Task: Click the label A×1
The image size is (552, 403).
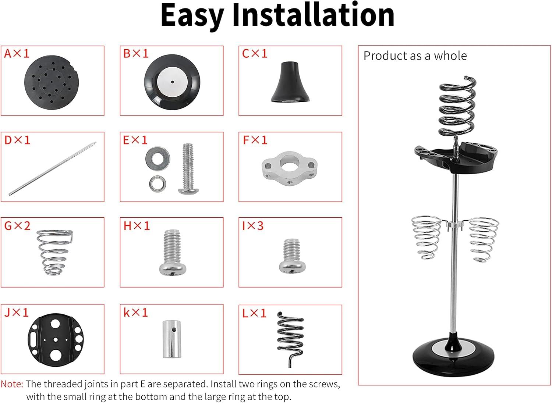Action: point(17,53)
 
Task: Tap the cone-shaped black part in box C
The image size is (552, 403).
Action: point(290,82)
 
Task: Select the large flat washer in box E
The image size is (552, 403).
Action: point(158,156)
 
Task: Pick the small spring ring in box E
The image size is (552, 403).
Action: point(158,183)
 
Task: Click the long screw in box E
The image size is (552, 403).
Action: point(188,169)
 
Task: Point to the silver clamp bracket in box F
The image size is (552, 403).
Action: point(289,168)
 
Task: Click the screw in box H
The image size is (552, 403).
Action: point(172,252)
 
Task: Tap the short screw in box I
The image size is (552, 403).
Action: point(292,256)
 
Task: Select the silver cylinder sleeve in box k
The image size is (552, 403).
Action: point(172,339)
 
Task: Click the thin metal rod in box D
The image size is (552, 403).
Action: point(53,169)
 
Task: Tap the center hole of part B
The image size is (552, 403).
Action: point(172,82)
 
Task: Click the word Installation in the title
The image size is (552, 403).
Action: point(314,15)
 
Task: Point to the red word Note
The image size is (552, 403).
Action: point(12,384)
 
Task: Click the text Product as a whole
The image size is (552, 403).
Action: point(415,56)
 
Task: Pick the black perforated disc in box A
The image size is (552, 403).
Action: point(52,82)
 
